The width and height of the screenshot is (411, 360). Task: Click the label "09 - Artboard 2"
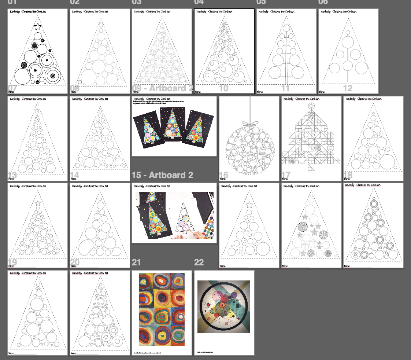[162, 89]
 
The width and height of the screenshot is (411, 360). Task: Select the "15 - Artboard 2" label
[162, 175]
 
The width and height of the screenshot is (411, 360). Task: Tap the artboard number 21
[136, 262]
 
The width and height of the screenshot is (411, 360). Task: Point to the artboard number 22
[199, 262]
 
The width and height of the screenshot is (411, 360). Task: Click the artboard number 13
[12, 175]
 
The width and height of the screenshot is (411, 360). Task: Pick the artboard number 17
[285, 175]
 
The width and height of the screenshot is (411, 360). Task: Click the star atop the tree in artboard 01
[37, 26]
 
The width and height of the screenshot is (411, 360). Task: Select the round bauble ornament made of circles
[250, 150]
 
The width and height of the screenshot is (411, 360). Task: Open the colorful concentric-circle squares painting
[162, 309]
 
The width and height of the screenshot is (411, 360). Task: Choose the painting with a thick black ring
[224, 306]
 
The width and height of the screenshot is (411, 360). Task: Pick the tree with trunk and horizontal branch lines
[286, 51]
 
